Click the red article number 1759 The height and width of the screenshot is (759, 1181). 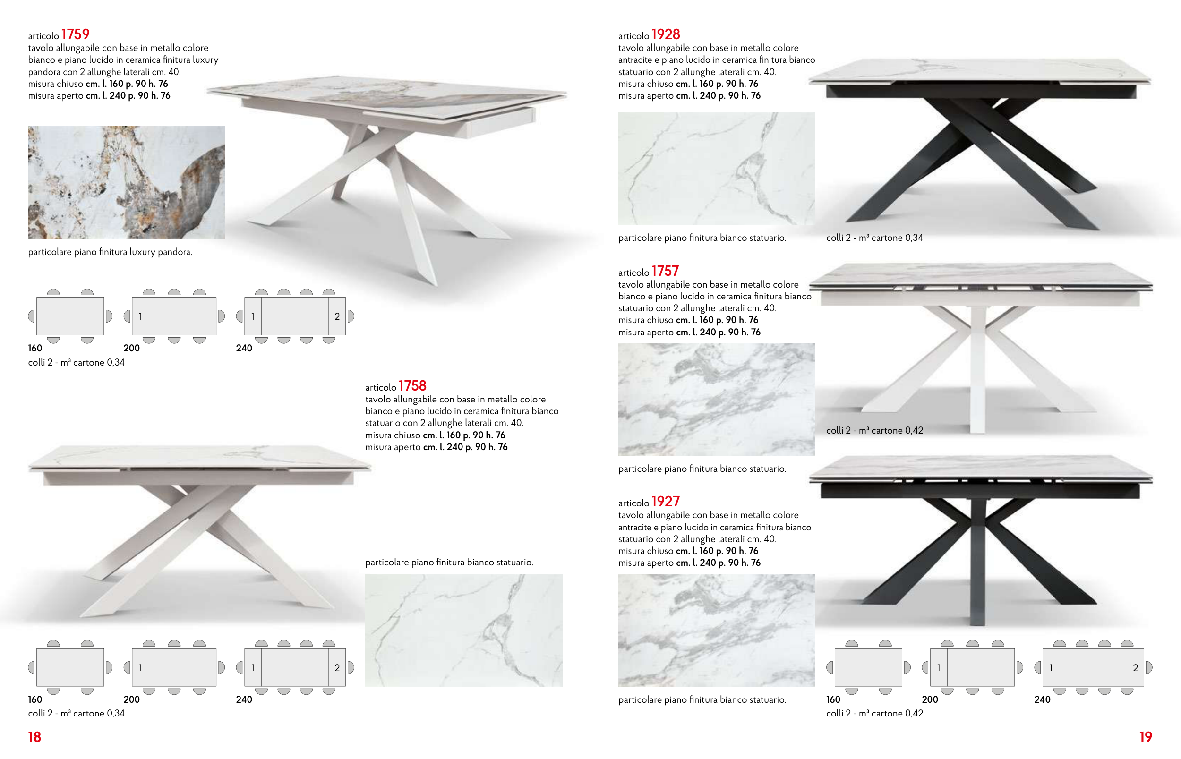click(x=75, y=34)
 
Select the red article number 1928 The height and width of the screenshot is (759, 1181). click(x=666, y=34)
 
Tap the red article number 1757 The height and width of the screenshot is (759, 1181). click(x=665, y=271)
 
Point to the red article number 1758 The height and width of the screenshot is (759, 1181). click(x=412, y=386)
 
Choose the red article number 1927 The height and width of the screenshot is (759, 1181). click(x=666, y=502)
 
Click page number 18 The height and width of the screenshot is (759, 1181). click(x=34, y=737)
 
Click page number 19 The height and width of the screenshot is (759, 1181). click(x=1146, y=737)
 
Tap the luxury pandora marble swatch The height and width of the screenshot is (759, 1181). click(x=126, y=182)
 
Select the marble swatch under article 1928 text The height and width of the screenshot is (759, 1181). click(x=716, y=169)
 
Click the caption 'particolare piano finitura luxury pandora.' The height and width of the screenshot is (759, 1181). click(x=110, y=252)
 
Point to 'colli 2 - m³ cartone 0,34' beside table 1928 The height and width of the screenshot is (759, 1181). click(x=874, y=238)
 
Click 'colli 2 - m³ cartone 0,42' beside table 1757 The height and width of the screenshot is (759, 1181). click(x=874, y=430)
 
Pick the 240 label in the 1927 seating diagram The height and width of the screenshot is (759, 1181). click(x=1042, y=699)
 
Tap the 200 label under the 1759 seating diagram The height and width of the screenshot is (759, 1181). click(x=132, y=348)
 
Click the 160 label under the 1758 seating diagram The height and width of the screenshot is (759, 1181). click(x=35, y=699)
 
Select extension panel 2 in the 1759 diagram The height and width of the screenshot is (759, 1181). click(x=337, y=316)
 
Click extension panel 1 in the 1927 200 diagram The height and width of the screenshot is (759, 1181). click(x=939, y=668)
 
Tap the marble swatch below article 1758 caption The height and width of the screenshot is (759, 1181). click(x=463, y=630)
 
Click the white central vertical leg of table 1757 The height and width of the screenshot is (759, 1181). click(x=977, y=370)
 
